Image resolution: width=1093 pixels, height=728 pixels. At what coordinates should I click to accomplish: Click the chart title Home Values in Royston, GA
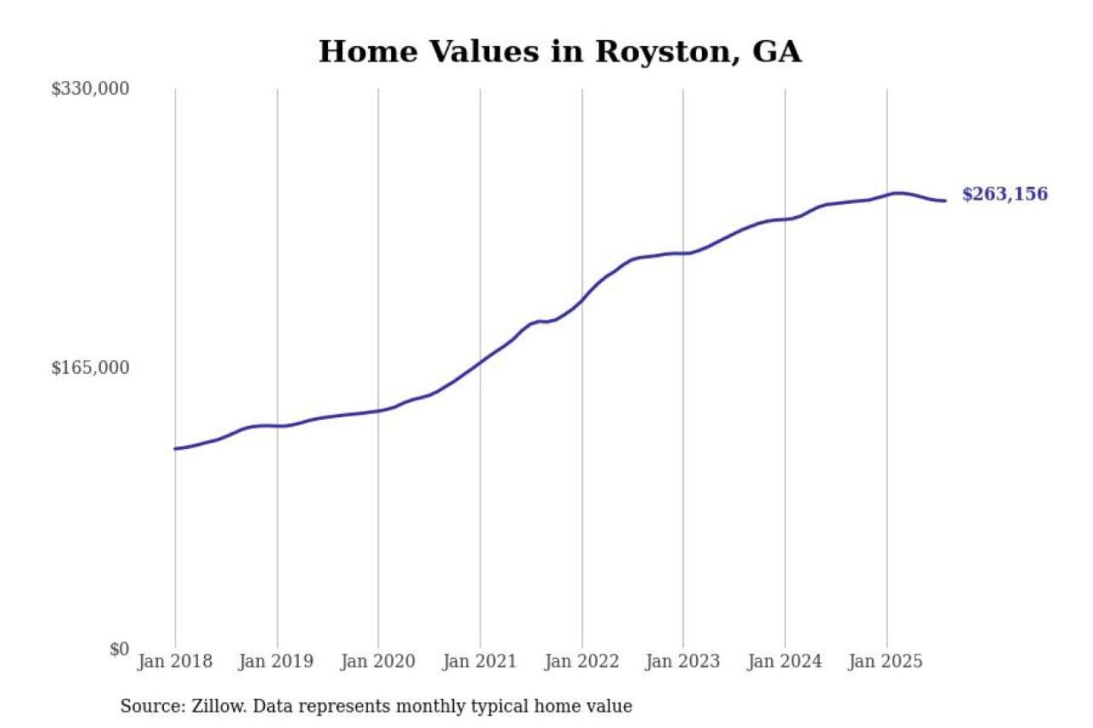pyautogui.click(x=559, y=52)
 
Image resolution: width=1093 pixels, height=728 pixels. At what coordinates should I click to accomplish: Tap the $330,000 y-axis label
pyautogui.click(x=90, y=89)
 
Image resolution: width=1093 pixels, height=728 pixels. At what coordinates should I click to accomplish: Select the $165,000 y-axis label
pyautogui.click(x=90, y=368)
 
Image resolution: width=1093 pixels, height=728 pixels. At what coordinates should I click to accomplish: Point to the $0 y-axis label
pyautogui.click(x=118, y=648)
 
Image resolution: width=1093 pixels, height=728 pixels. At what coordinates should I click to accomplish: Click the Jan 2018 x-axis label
pyautogui.click(x=175, y=661)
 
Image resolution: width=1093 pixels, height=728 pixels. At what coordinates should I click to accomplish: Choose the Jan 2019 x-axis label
pyautogui.click(x=276, y=661)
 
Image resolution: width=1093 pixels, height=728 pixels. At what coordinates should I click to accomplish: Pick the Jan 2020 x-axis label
pyautogui.click(x=377, y=661)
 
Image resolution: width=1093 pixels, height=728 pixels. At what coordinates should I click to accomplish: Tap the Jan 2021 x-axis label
pyautogui.click(x=479, y=661)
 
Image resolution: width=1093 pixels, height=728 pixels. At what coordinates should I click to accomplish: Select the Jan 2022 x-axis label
pyautogui.click(x=581, y=661)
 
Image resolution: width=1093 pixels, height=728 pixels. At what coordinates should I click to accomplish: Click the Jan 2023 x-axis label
pyautogui.click(x=682, y=661)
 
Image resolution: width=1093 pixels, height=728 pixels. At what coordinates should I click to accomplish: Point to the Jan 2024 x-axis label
pyautogui.click(x=784, y=661)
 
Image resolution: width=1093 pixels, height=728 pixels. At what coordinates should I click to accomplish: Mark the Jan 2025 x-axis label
pyautogui.click(x=885, y=661)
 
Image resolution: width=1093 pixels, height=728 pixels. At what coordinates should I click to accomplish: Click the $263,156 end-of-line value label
pyautogui.click(x=1004, y=194)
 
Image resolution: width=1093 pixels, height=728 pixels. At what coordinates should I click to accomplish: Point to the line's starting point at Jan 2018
pyautogui.click(x=175, y=449)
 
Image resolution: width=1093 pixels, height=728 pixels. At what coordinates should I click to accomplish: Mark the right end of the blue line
pyautogui.click(x=945, y=201)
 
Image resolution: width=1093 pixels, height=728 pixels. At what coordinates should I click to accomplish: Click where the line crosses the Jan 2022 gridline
pyautogui.click(x=582, y=300)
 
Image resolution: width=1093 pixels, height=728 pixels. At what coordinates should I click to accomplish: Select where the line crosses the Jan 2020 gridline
pyautogui.click(x=378, y=411)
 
